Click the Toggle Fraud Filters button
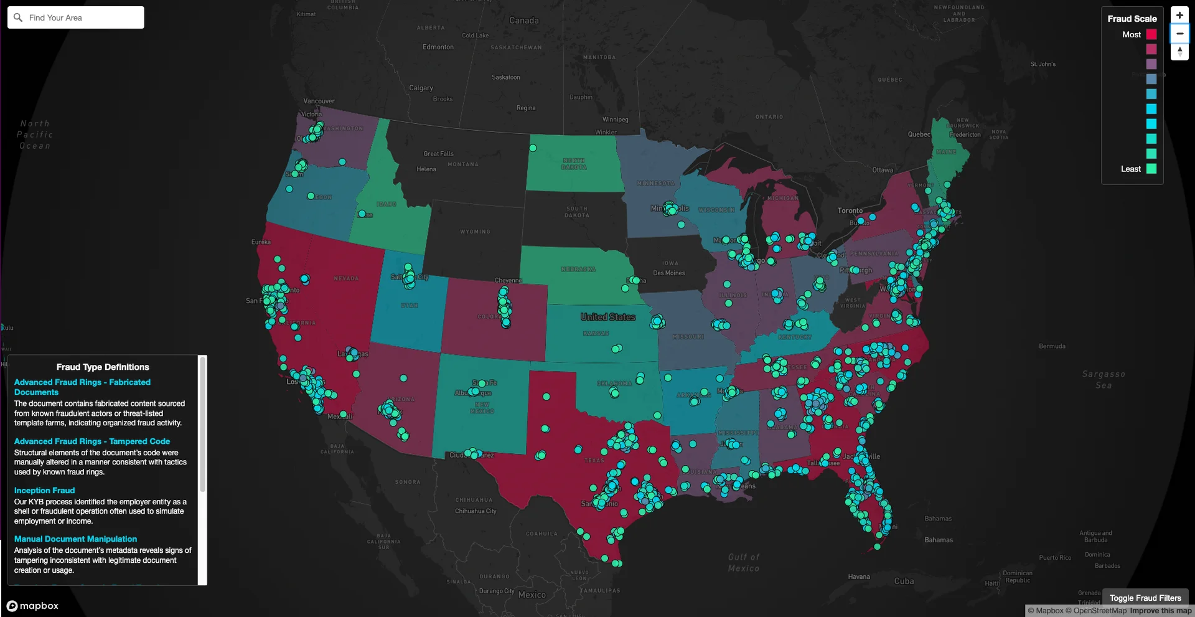1145,598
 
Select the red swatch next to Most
1151,34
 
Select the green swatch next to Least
1151,169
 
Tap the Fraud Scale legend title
1132,19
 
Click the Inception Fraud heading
44,491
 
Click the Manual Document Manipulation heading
75,539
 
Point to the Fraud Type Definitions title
103,367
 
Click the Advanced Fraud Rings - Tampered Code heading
91,441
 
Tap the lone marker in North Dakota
533,148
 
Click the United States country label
607,317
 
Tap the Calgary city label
421,88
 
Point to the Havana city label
858,577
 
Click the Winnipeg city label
615,120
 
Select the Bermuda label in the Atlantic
1051,346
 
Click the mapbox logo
32,606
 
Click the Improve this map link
1160,611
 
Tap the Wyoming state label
475,232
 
